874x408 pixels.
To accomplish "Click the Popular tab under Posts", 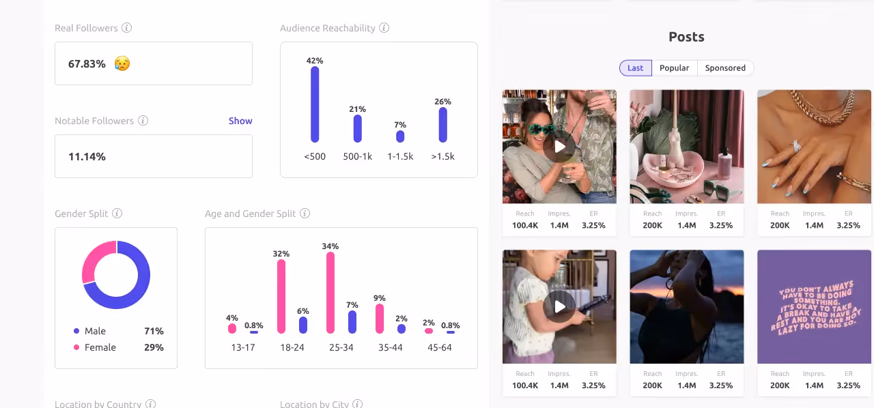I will pyautogui.click(x=674, y=68).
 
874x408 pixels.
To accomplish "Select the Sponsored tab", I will pyautogui.click(x=725, y=68).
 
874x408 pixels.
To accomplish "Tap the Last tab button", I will pyautogui.click(x=635, y=68).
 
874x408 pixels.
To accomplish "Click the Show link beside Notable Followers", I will pyautogui.click(x=240, y=121).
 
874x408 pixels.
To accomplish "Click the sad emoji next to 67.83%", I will pyautogui.click(x=122, y=63).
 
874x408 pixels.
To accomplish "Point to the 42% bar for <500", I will pyautogui.click(x=315, y=104).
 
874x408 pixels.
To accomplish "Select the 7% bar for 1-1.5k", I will pyautogui.click(x=400, y=136).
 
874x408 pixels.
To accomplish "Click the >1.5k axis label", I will pyautogui.click(x=442, y=156).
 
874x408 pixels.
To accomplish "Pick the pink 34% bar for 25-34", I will pyautogui.click(x=330, y=293).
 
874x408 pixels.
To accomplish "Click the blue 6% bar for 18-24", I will pyautogui.click(x=303, y=325).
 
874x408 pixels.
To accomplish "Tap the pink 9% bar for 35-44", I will pyautogui.click(x=380, y=319).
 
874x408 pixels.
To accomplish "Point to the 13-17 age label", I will pyautogui.click(x=243, y=347).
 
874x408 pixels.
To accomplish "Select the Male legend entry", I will pyautogui.click(x=95, y=331).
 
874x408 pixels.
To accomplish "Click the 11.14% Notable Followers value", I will pyautogui.click(x=87, y=156).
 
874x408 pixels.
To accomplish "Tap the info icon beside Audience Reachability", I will pyautogui.click(x=384, y=28).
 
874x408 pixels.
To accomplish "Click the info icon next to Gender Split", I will pyautogui.click(x=117, y=214).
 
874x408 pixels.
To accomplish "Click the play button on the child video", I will pyautogui.click(x=559, y=306).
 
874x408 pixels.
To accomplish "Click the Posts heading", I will pyautogui.click(x=686, y=37).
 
